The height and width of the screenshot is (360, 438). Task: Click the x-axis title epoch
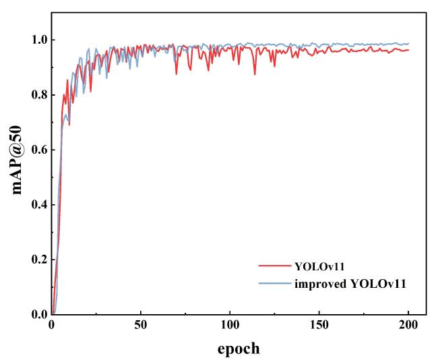click(237, 349)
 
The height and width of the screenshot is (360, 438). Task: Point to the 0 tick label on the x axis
click(51, 325)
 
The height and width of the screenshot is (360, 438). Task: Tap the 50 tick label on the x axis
click(140, 325)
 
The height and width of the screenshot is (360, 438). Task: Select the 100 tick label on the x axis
click(230, 325)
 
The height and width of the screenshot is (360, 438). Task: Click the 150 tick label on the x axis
click(319, 325)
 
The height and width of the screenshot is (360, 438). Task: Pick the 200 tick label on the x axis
click(408, 325)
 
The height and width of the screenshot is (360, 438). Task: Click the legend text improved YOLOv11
click(350, 284)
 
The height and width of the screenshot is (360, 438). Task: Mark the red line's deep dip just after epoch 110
click(255, 73)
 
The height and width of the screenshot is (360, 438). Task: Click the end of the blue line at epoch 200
click(408, 44)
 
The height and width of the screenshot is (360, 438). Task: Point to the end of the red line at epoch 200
click(408, 50)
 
